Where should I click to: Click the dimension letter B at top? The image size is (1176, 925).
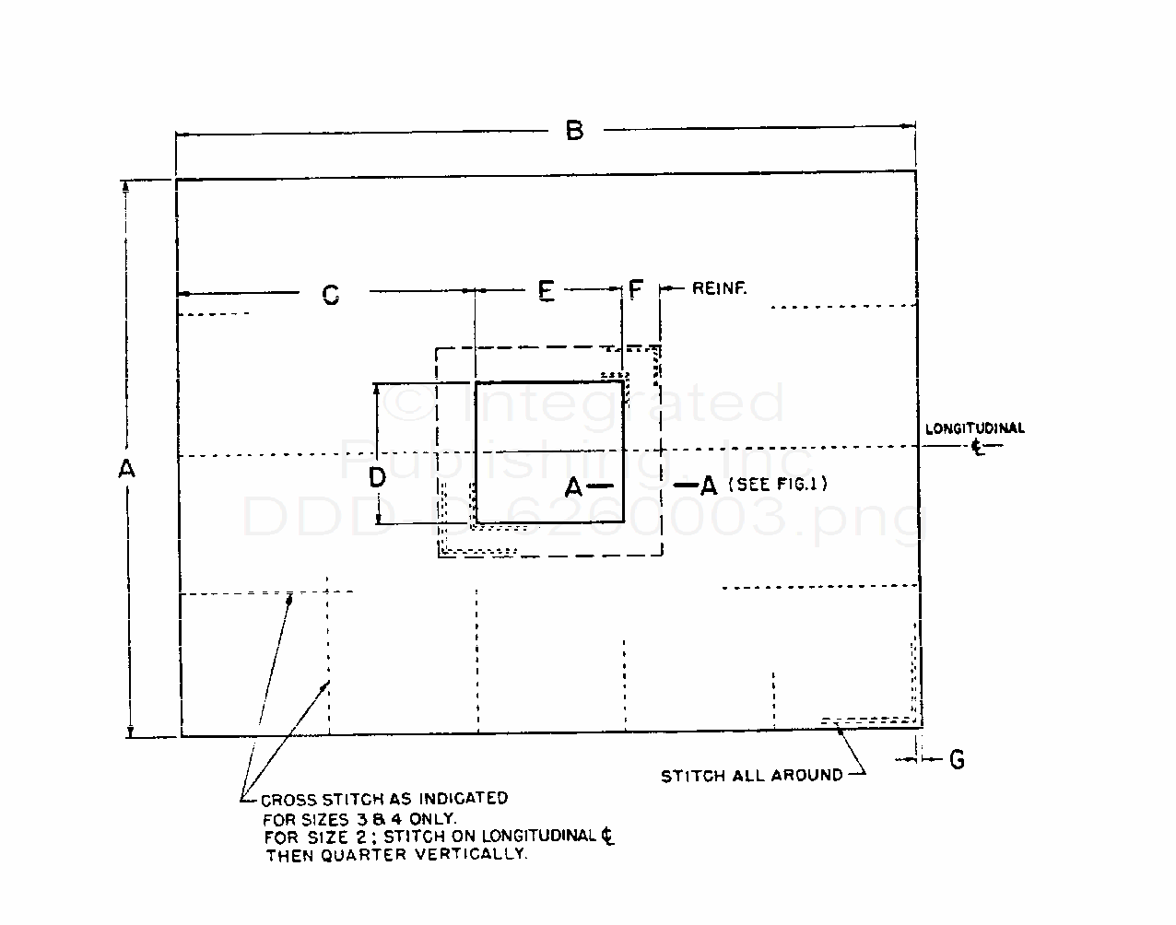[x=574, y=131]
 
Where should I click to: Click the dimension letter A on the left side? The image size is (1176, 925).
[x=126, y=469]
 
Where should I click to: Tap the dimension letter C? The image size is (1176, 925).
[x=330, y=295]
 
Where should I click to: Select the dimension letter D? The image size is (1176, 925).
[x=377, y=477]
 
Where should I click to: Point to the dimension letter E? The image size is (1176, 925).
[x=547, y=292]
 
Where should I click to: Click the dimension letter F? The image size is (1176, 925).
[x=635, y=291]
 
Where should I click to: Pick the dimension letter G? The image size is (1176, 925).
[x=958, y=760]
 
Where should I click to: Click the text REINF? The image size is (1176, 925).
[x=719, y=289]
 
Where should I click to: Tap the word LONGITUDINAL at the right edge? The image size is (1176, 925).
[x=974, y=428]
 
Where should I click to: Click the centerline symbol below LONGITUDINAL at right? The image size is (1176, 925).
[x=977, y=447]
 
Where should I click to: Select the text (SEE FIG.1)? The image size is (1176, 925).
[x=777, y=484]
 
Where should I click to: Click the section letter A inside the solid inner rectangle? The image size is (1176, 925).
[x=573, y=487]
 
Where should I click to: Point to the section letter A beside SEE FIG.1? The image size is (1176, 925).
[x=708, y=485]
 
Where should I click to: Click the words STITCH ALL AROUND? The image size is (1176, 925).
[x=751, y=776]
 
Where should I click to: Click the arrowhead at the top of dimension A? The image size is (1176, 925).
[x=129, y=185]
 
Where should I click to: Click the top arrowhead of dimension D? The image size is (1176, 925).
[x=377, y=389]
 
